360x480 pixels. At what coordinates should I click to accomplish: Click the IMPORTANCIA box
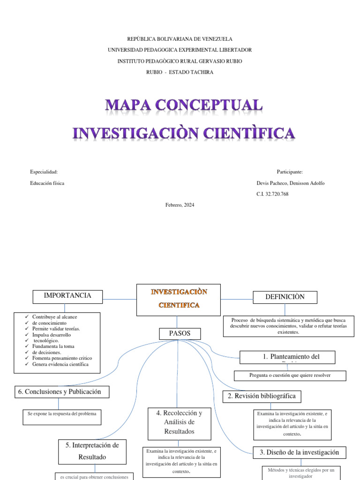67,296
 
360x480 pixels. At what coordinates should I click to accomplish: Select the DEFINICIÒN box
285,297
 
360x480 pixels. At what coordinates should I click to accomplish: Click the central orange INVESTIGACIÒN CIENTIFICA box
178,300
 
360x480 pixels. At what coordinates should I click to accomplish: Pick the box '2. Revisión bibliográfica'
262,397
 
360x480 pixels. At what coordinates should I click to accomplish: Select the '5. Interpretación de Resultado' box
92,450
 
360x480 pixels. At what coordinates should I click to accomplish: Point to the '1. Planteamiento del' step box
287,357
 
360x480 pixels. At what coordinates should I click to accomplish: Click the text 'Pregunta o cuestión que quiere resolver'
290,375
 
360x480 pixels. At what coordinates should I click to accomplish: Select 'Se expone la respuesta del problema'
62,414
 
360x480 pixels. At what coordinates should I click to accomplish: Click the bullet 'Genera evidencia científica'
60,364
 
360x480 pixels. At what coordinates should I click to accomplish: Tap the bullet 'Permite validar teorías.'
56,329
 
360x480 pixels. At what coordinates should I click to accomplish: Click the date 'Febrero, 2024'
180,205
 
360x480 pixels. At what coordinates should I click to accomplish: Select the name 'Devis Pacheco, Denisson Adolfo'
288,183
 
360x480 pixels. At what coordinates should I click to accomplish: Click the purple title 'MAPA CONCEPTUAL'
184,105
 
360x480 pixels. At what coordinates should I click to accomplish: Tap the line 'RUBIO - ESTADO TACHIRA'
180,72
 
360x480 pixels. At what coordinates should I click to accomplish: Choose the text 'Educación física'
47,183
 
